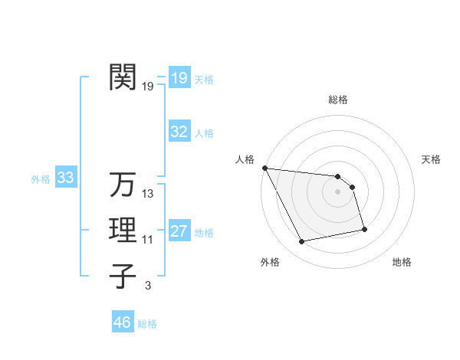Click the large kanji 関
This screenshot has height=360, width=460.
123,77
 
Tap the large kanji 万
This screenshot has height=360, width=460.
123,185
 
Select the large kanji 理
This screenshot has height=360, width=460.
123,231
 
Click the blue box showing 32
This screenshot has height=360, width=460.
179,132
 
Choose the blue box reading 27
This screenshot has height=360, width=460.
179,231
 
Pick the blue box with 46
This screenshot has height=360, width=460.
123,322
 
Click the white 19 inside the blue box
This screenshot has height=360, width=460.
179,78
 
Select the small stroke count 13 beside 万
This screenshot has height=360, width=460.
148,194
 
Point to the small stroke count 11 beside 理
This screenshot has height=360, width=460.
148,240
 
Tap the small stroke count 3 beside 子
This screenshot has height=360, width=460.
148,286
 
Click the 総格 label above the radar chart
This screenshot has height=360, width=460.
338,100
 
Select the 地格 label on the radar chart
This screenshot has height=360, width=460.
402,262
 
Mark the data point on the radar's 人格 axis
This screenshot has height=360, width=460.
264,168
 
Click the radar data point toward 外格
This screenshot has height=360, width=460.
302,242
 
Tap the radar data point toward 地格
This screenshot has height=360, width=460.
364,229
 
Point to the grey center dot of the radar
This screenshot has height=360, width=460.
338,192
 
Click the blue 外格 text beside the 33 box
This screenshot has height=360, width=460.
41,179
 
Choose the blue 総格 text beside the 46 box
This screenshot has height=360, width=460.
147,324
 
